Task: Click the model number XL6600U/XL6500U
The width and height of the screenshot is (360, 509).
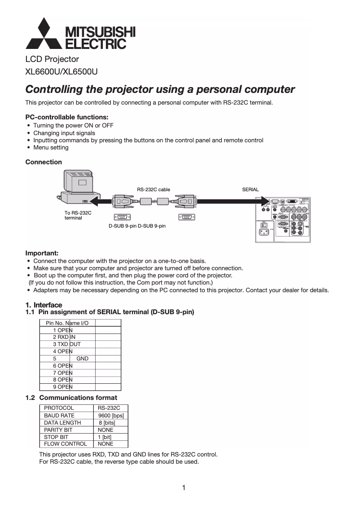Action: click(61, 71)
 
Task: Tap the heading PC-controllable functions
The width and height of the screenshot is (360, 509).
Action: click(67, 117)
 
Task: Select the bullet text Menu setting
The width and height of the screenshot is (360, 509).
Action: click(51, 147)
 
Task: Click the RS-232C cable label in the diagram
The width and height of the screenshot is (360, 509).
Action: click(154, 189)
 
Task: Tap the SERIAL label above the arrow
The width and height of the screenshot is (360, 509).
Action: click(250, 189)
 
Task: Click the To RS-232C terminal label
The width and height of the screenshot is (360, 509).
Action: click(78, 215)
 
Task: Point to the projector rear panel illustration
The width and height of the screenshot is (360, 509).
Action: click(282, 219)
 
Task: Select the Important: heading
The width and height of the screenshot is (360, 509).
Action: click(42, 253)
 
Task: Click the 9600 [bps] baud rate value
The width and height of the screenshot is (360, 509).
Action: click(110, 415)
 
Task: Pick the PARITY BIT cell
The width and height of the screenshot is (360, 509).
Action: click(58, 430)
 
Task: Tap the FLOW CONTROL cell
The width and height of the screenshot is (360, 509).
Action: click(65, 444)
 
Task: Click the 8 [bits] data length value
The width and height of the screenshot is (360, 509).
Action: click(107, 422)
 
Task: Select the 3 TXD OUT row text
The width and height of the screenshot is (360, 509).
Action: click(67, 344)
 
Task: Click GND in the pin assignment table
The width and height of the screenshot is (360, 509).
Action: click(83, 359)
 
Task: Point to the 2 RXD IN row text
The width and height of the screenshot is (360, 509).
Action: click(64, 337)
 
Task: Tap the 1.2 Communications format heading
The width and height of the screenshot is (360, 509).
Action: click(71, 398)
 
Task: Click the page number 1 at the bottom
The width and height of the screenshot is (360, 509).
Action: click(184, 488)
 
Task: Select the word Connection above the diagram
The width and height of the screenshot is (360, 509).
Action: click(44, 162)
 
